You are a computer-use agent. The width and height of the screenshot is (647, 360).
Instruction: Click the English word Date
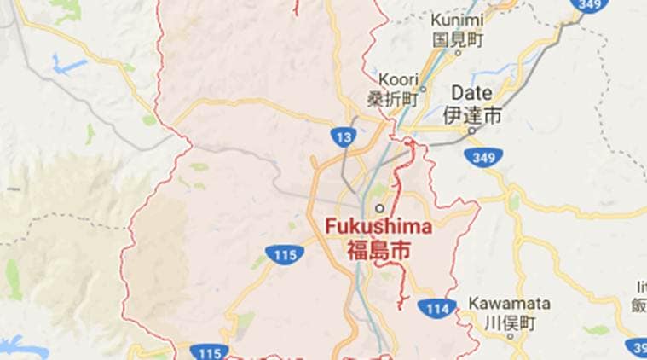[x=471, y=91]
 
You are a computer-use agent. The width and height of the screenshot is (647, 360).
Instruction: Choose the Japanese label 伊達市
[x=472, y=113]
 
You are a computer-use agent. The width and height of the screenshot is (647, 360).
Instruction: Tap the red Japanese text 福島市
[x=378, y=250]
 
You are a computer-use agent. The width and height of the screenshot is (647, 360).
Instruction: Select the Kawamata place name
[x=510, y=304]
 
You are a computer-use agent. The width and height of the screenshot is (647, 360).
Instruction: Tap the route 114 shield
[x=436, y=307]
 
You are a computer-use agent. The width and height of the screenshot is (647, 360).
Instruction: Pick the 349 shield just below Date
[x=483, y=157]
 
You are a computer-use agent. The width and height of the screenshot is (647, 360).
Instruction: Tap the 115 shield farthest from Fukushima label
[x=210, y=351]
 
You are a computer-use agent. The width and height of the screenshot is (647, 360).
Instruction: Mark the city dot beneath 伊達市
[x=471, y=131]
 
